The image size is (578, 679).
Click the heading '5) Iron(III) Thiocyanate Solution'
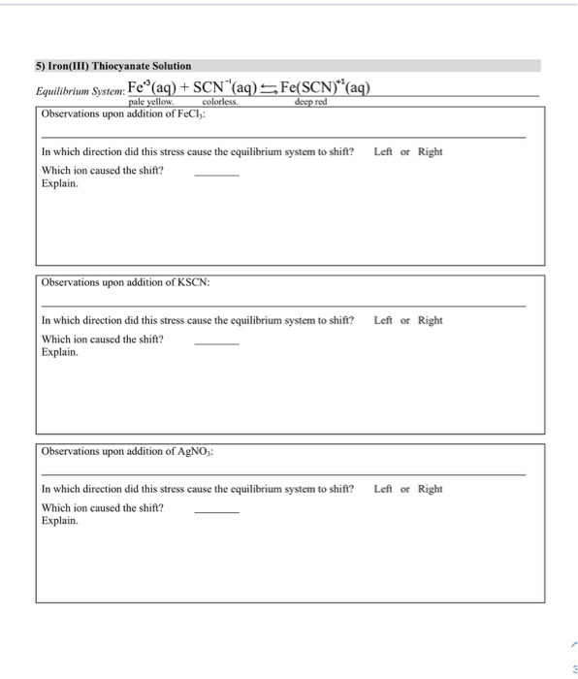click(114, 65)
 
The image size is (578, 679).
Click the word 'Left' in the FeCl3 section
click(383, 152)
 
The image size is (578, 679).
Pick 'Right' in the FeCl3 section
click(430, 152)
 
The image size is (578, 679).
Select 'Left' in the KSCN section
click(383, 321)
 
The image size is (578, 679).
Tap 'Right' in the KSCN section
click(430, 321)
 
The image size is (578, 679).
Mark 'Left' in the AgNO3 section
click(383, 489)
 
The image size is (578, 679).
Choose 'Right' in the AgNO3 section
click(430, 489)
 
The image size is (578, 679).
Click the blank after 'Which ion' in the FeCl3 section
click(216, 174)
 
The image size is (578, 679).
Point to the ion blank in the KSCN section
click(216, 342)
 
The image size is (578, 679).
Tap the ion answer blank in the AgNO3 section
click(216, 510)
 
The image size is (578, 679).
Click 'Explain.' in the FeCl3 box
click(60, 183)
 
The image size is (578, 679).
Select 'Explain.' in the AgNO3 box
click(60, 521)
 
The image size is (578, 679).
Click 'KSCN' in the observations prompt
click(189, 282)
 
